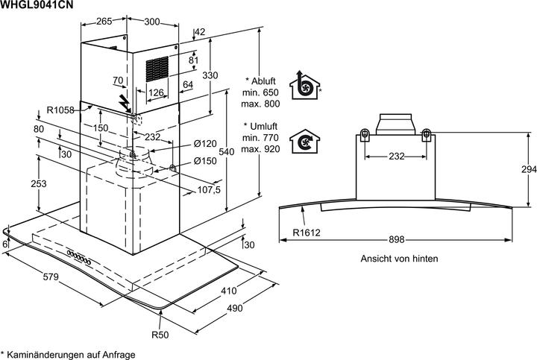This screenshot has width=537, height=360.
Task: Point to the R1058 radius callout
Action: pyautogui.click(x=60, y=110)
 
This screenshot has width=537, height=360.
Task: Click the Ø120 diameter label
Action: pyautogui.click(x=205, y=143)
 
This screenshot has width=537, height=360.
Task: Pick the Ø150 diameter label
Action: pyautogui.click(x=205, y=161)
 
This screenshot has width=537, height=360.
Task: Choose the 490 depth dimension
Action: pyautogui.click(x=235, y=309)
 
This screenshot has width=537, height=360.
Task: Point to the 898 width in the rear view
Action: pyautogui.click(x=396, y=239)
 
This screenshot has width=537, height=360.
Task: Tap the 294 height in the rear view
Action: pyautogui.click(x=528, y=169)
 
